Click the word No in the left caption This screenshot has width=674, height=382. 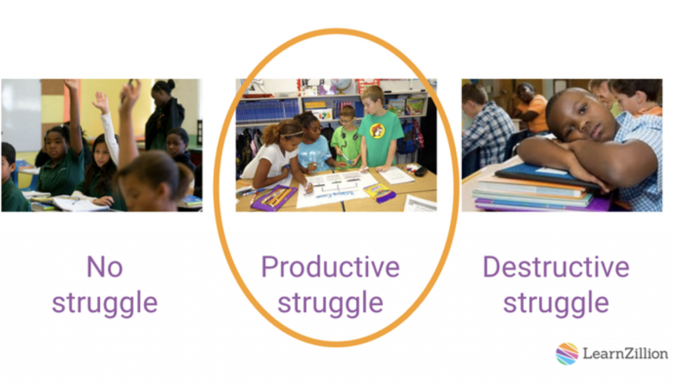(x=104, y=267)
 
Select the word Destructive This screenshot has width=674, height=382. (x=556, y=267)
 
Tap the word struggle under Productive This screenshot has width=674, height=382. (x=330, y=304)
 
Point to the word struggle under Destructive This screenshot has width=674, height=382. (x=556, y=304)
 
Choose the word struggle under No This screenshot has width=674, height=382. (x=105, y=304)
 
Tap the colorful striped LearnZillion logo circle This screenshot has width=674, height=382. (x=567, y=354)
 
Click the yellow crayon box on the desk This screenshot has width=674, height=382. (x=379, y=192)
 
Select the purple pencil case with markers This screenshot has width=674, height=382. (x=273, y=198)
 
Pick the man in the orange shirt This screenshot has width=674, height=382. (x=532, y=110)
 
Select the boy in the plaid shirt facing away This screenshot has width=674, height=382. (x=488, y=128)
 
